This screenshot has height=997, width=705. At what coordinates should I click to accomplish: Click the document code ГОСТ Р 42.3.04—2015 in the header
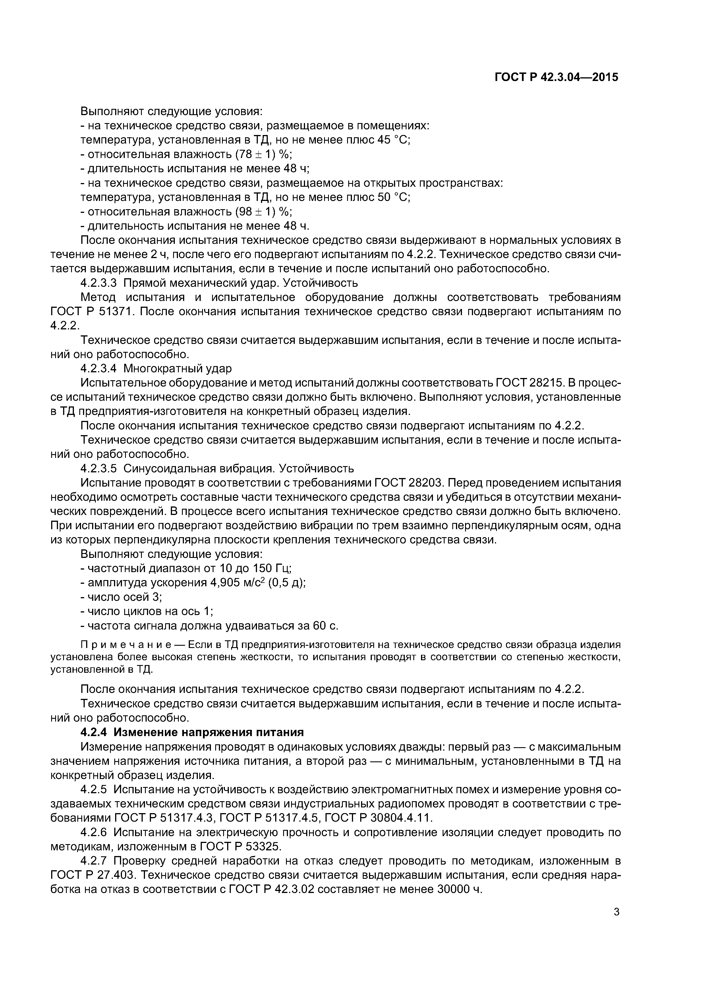(x=556, y=77)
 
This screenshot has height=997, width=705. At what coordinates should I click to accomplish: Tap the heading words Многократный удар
(x=178, y=369)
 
